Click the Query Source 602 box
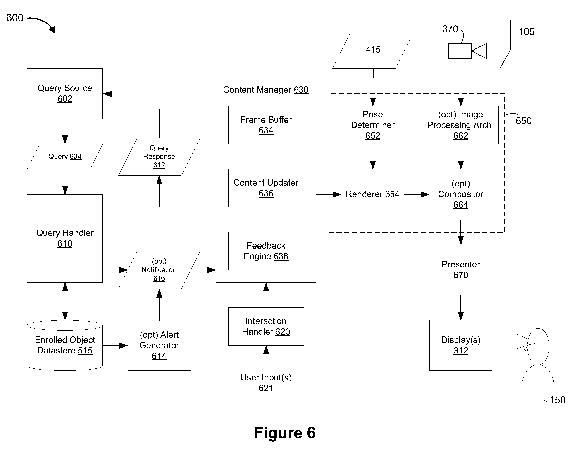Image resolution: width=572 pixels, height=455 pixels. click(65, 94)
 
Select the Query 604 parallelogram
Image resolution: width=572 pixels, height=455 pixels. click(65, 156)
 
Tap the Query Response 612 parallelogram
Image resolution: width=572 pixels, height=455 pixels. click(159, 156)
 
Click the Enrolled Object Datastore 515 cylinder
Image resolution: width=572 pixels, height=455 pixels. click(65, 345)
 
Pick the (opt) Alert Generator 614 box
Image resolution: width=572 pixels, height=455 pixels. click(159, 345)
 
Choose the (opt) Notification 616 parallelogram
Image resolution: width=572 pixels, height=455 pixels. click(159, 270)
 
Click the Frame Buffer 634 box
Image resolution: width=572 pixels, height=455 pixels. click(266, 125)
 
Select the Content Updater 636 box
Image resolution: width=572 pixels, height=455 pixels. click(266, 188)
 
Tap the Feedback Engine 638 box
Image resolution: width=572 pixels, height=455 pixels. click(266, 251)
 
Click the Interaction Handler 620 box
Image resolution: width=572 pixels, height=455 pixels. click(266, 327)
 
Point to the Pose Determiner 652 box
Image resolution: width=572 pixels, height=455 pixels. click(373, 125)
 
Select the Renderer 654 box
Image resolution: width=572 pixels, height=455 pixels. click(373, 194)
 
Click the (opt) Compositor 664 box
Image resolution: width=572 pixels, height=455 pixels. click(461, 194)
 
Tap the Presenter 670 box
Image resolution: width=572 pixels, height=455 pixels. click(461, 270)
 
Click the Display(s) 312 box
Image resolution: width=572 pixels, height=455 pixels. click(461, 345)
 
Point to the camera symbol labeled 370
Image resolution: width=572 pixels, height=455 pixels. click(467, 51)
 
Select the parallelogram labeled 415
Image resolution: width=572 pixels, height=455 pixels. click(373, 50)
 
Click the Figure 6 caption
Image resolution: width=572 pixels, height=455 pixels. click(285, 433)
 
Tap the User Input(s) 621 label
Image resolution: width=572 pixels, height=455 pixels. click(266, 383)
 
